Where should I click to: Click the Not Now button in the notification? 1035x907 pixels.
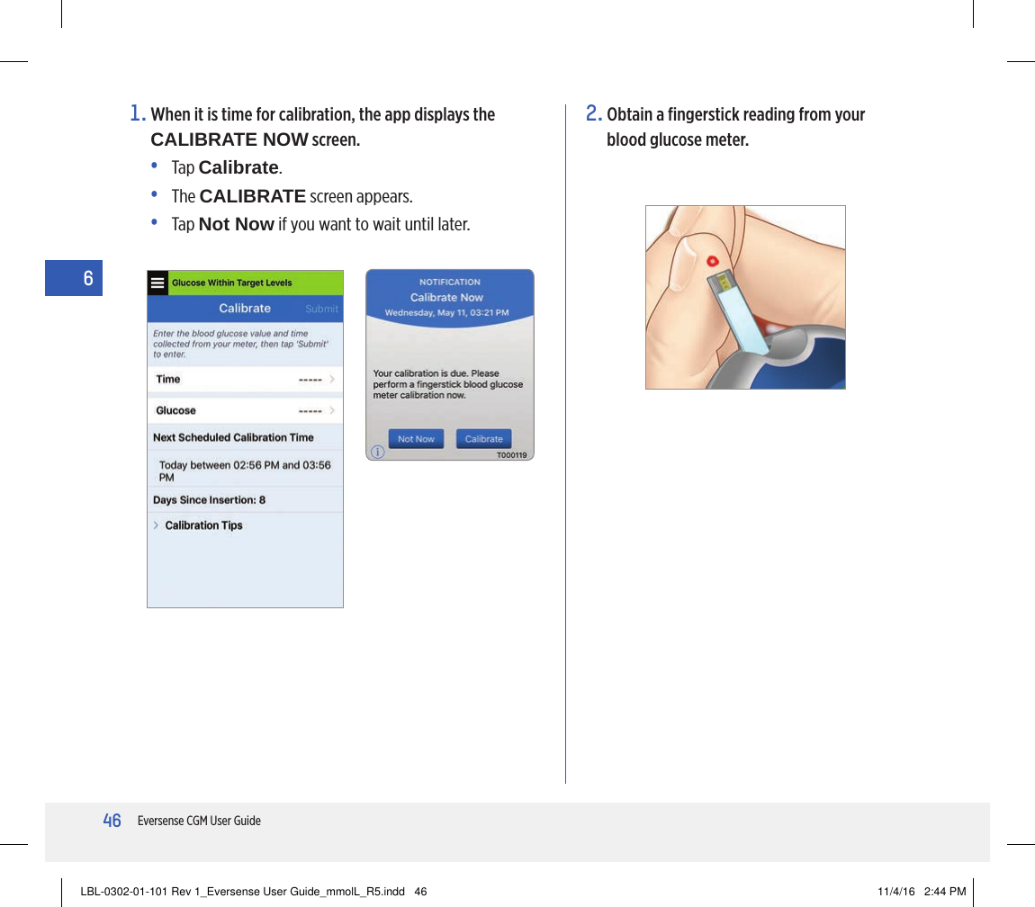click(x=416, y=439)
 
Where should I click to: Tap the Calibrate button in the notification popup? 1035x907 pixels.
click(x=483, y=439)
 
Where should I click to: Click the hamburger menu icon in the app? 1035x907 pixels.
click(x=157, y=283)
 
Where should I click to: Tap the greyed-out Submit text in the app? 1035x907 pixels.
click(x=321, y=309)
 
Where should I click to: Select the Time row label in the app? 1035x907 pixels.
click(x=168, y=380)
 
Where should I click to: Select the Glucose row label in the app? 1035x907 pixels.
click(x=175, y=410)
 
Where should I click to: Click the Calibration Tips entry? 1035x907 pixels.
click(x=203, y=525)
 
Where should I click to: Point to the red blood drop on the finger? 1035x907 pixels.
click(x=712, y=261)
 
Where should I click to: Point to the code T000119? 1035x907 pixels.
click(x=511, y=455)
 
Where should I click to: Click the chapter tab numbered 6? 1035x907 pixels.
click(x=87, y=278)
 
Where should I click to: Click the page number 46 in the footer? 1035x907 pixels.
click(x=112, y=821)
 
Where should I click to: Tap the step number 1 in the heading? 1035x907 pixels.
click(x=137, y=114)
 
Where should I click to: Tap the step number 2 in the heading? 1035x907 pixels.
click(x=593, y=114)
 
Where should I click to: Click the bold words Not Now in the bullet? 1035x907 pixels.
click(x=236, y=223)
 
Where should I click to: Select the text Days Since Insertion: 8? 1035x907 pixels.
click(x=209, y=500)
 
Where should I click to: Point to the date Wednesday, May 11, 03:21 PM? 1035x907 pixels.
click(x=446, y=312)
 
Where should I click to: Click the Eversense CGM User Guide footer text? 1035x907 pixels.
click(x=199, y=821)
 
